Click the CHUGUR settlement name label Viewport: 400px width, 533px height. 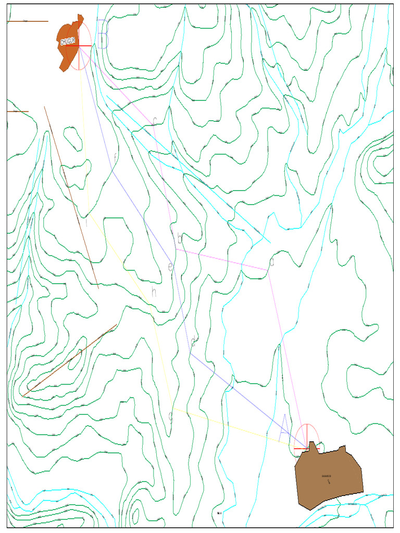[68, 42]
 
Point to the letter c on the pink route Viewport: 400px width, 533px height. [154, 121]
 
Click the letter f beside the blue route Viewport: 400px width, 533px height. [115, 157]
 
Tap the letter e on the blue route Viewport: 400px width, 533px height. [170, 267]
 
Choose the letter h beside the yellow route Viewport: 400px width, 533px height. [154, 292]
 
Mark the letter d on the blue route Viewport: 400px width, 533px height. [193, 342]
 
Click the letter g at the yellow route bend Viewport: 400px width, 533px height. [170, 417]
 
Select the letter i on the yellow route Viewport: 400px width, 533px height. [86, 222]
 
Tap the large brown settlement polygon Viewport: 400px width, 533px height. [328, 476]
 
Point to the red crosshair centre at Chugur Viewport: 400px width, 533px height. [79, 46]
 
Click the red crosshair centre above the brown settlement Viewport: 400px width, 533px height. [307, 448]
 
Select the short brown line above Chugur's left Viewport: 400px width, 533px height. [27, 21]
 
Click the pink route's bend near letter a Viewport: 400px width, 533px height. [269, 270]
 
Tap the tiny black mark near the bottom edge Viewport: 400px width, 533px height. [219, 513]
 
